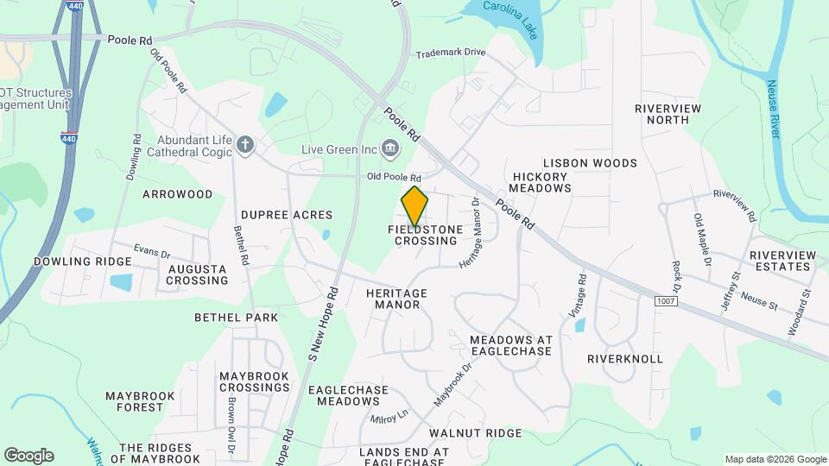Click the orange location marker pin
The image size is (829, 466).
(x=414, y=205)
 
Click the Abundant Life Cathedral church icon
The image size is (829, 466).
(x=245, y=144)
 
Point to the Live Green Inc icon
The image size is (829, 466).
(x=390, y=148)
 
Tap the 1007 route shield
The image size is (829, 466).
(x=664, y=300)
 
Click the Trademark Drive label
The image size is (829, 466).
(x=451, y=53)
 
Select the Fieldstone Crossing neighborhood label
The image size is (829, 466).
(x=425, y=235)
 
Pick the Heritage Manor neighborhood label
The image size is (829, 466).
(x=397, y=299)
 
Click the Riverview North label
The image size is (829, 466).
(x=668, y=114)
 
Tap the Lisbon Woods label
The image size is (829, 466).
(x=590, y=163)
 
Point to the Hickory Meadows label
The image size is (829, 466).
(x=541, y=182)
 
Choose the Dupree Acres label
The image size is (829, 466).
(x=287, y=215)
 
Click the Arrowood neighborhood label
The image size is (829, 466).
(x=177, y=194)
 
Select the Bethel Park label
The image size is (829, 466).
(x=236, y=318)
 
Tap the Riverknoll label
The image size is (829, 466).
(x=625, y=358)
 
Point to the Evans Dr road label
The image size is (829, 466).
(x=152, y=252)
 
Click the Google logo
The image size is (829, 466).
(x=28, y=456)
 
